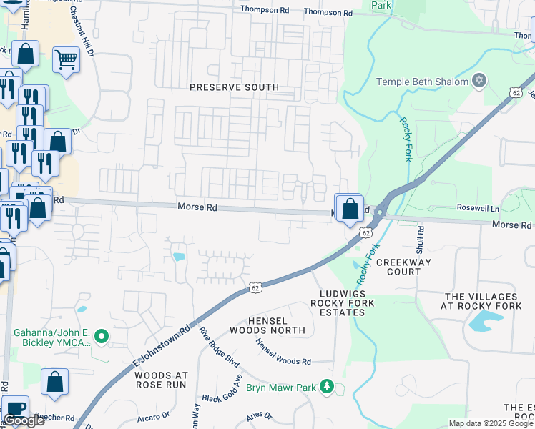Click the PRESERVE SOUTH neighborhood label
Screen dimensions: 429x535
click(234, 87)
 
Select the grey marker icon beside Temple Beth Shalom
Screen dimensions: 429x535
click(479, 81)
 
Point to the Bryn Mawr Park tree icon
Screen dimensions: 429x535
click(327, 387)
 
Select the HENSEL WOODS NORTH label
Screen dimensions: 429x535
click(267, 325)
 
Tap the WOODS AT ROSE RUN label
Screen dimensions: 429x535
click(161, 380)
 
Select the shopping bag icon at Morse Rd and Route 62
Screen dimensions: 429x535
click(350, 209)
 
